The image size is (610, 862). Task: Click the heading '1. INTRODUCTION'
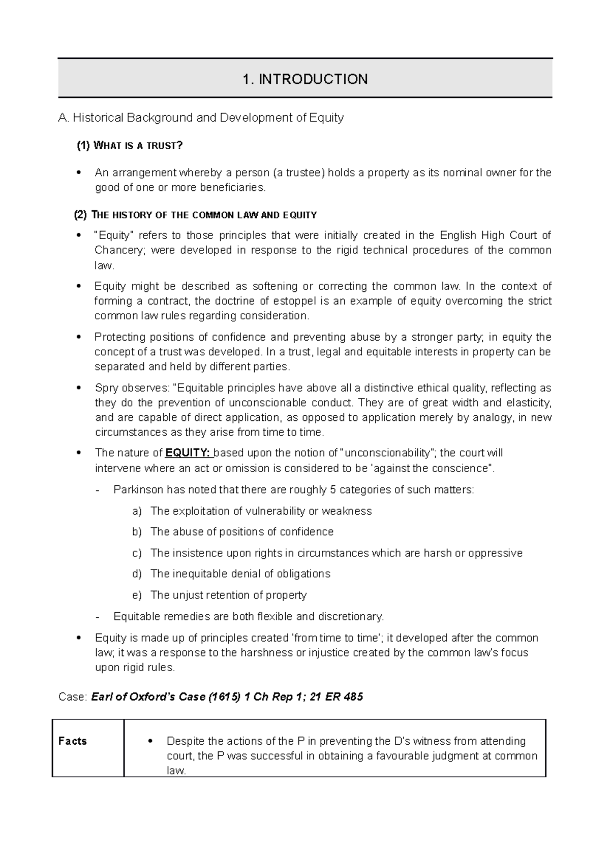(x=305, y=79)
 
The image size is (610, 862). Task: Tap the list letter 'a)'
(x=137, y=511)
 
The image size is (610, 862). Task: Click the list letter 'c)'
(x=137, y=553)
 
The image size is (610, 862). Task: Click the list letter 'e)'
(x=137, y=595)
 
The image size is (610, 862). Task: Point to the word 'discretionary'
(x=350, y=617)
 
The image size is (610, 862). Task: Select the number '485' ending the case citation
(x=353, y=697)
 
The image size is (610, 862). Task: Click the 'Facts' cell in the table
(x=73, y=741)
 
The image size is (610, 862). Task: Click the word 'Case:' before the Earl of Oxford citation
(x=73, y=697)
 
